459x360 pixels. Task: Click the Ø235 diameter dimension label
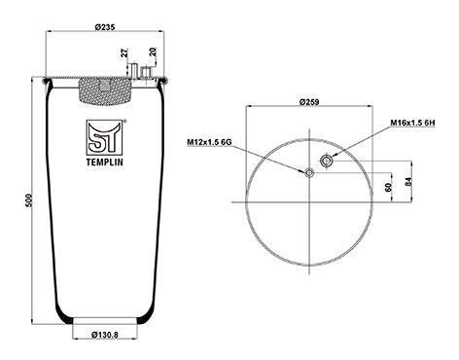pyautogui.click(x=105, y=27)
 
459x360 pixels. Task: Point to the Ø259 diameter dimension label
pyautogui.click(x=309, y=102)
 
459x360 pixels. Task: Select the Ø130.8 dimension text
pyautogui.click(x=105, y=335)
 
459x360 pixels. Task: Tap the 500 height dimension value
pyautogui.click(x=28, y=200)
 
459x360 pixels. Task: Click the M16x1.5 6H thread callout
pyautogui.click(x=412, y=123)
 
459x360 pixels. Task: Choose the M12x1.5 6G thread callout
pyautogui.click(x=209, y=142)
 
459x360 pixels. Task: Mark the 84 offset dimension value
pyautogui.click(x=408, y=181)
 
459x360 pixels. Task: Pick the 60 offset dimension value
pyautogui.click(x=388, y=187)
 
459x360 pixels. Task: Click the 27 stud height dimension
pyautogui.click(x=125, y=53)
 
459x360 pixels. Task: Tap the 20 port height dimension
pyautogui.click(x=153, y=52)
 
